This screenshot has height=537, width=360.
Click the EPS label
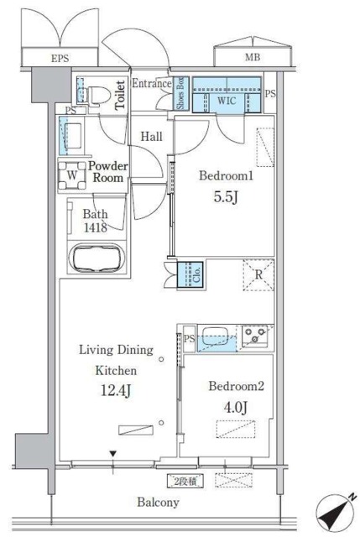60,58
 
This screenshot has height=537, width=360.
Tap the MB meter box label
253,57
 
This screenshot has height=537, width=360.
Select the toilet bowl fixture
98,94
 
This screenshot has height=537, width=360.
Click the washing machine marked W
72,175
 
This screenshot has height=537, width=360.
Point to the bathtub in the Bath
97,257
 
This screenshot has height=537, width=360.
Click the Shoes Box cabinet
180,93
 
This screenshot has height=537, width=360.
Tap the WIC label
227,101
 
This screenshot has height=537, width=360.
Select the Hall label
151,137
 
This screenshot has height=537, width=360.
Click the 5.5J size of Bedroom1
226,197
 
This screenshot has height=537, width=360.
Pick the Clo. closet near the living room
190,274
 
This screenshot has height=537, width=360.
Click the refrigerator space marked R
258,274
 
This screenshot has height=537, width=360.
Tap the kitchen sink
215,336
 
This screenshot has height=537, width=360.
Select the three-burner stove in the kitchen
255,336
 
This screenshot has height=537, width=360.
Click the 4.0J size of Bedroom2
236,407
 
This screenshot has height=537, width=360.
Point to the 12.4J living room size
116,391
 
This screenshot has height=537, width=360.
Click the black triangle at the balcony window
113,454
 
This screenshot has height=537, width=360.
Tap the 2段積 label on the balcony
185,482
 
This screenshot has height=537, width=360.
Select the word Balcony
159,502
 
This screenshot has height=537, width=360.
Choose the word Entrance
152,83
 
